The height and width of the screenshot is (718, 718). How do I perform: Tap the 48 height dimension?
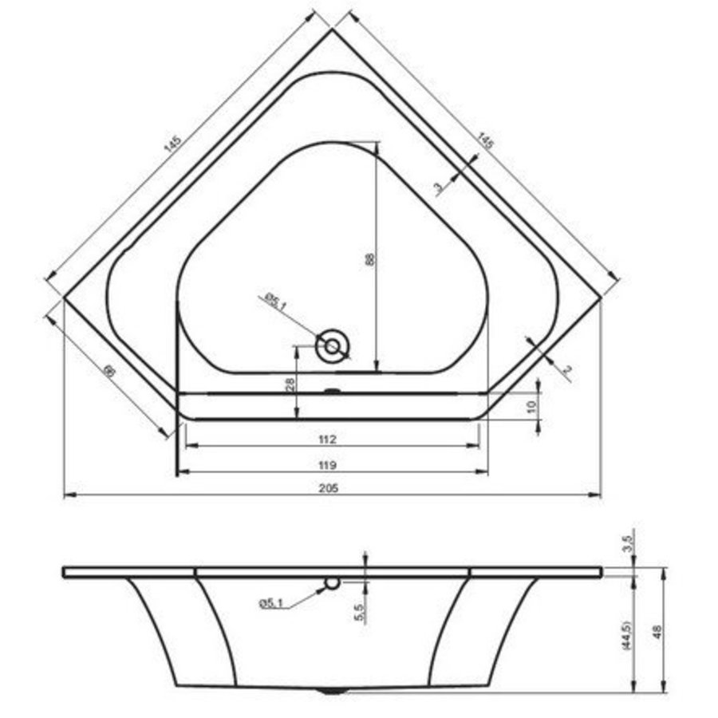[657, 630]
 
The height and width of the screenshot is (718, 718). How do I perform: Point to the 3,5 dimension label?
[627, 545]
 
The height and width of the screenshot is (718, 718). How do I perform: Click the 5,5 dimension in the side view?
[359, 613]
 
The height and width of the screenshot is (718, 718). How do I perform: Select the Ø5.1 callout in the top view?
[271, 301]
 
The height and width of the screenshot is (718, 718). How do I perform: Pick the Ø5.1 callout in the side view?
[272, 604]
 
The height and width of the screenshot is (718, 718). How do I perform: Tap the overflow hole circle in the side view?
[332, 583]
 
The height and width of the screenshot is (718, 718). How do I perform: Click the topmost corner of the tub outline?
[332, 30]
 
